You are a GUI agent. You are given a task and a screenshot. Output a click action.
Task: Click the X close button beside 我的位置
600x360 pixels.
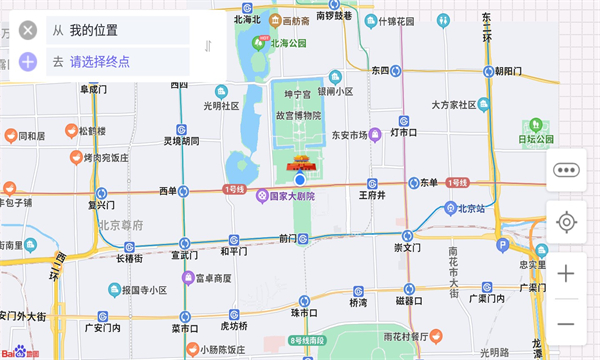point(28,30)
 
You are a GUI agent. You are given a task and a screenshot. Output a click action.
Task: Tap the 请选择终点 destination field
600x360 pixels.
point(99,62)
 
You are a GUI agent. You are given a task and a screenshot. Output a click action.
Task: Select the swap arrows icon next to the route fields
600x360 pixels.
point(208,46)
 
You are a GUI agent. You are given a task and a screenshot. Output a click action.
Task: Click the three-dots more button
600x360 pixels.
point(566,170)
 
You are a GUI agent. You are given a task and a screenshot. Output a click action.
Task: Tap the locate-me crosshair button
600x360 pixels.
point(566,221)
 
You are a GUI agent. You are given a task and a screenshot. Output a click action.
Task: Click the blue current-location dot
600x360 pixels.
point(298,178)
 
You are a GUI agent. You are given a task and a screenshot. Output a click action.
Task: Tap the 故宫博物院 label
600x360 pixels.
point(299,115)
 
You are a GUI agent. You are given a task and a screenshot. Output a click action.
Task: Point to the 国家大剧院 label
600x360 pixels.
point(292,196)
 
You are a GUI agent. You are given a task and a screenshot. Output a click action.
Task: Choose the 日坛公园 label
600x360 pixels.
point(535,139)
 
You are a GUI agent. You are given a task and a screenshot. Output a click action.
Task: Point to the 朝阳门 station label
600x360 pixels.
point(508,71)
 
